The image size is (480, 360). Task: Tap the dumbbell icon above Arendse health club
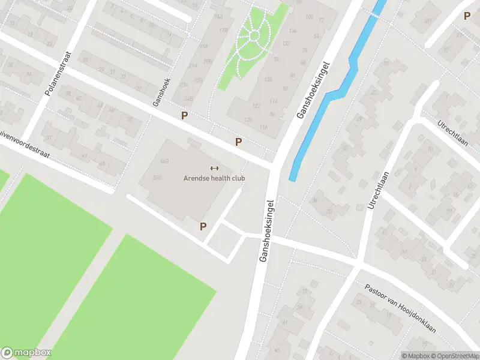pyautogui.click(x=214, y=168)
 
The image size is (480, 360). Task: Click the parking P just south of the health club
pyautogui.click(x=203, y=226)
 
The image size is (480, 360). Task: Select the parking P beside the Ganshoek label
pyautogui.click(x=185, y=115)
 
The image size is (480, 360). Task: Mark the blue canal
pyautogui.click(x=336, y=90)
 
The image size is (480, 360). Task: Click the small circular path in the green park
pyautogui.click(x=254, y=36)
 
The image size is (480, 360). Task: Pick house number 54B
pyautogui.click(x=164, y=161)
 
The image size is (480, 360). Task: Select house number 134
pyautogui.click(x=292, y=30)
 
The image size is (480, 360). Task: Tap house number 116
pyautogui.click(x=263, y=127)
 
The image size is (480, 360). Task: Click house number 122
pyautogui.click(x=256, y=106)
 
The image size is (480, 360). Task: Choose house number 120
pyautogui.click(x=248, y=119)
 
